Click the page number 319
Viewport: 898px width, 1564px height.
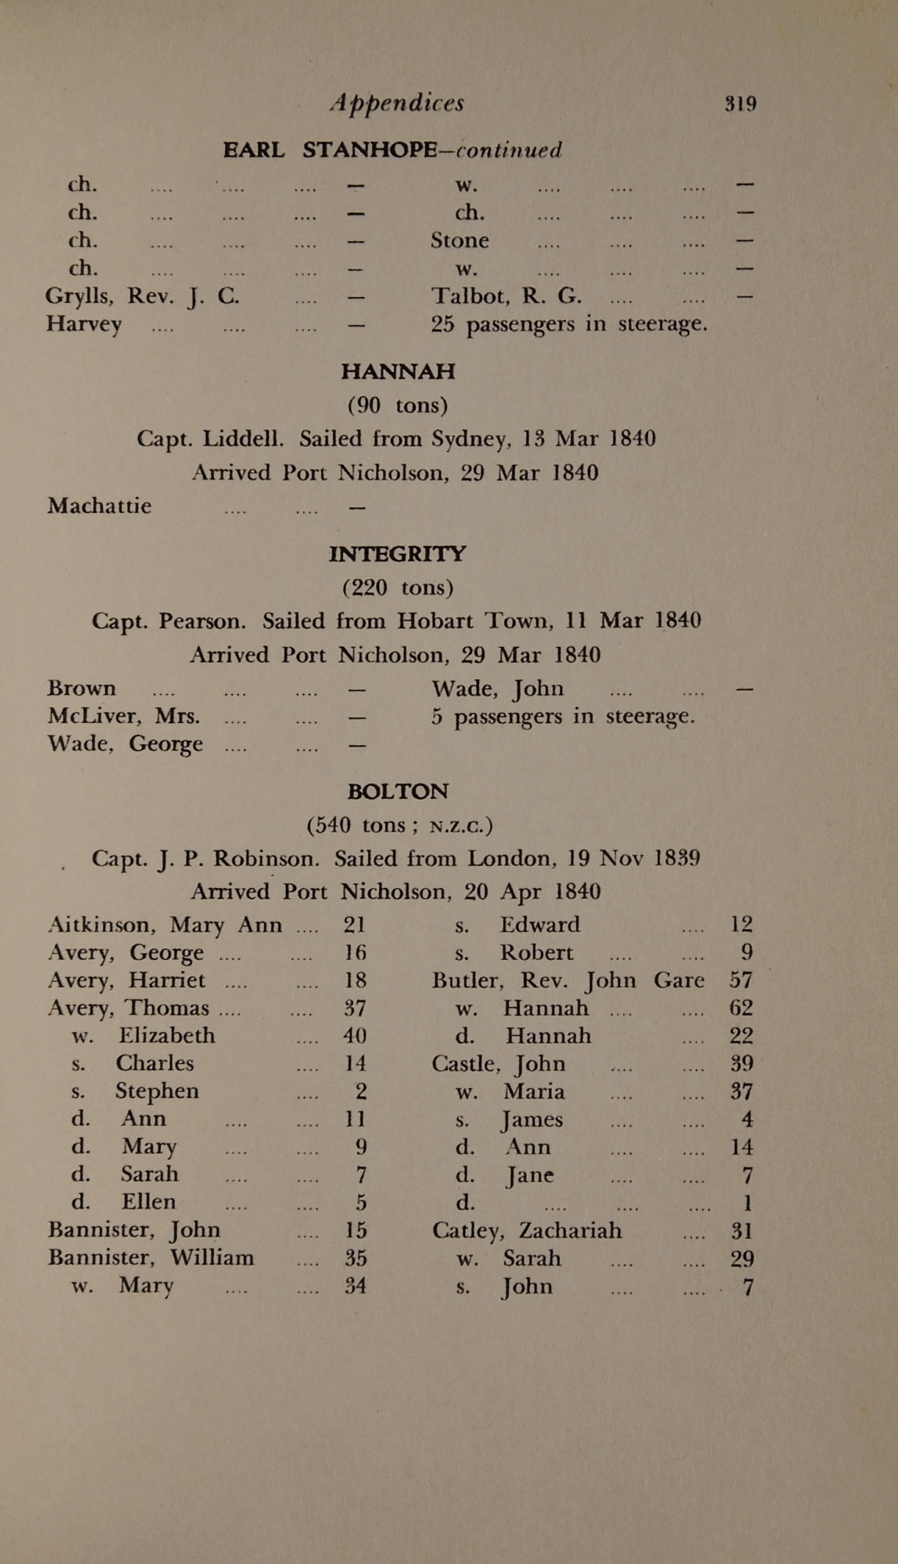(x=740, y=104)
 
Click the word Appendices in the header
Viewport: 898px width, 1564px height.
(x=397, y=103)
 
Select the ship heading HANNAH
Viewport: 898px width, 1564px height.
(x=398, y=371)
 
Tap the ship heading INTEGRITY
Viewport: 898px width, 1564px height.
(x=397, y=553)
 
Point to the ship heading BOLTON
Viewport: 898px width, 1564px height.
(x=398, y=792)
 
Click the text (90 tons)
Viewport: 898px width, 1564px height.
(x=398, y=405)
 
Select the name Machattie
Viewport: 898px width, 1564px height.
(x=99, y=506)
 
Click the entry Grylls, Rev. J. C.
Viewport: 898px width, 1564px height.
(x=142, y=296)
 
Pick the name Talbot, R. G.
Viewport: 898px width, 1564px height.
(x=506, y=296)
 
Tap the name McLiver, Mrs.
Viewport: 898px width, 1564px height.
(x=123, y=716)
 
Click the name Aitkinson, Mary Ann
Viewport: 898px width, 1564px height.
(x=165, y=925)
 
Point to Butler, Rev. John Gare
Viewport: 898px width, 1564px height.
(x=567, y=980)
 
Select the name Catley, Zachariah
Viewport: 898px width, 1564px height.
(x=526, y=1230)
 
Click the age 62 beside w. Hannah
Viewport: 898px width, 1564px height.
(x=741, y=1008)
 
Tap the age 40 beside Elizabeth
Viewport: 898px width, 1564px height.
(x=355, y=1036)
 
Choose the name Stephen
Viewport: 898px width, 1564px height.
(x=157, y=1091)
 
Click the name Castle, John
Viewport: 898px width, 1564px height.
(x=498, y=1063)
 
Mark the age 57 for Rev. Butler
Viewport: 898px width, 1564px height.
(x=741, y=980)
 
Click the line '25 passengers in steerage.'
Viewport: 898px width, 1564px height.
(x=569, y=324)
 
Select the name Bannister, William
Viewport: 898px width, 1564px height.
(x=151, y=1258)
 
